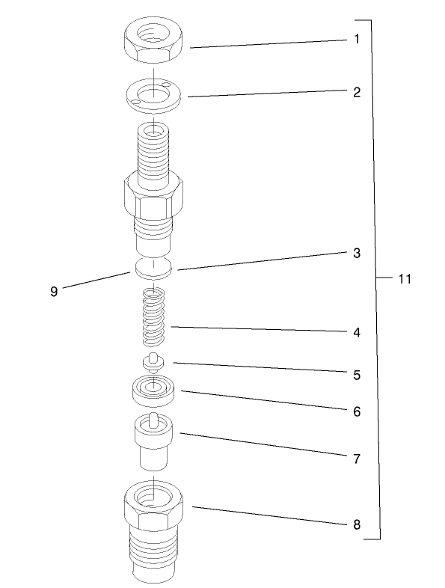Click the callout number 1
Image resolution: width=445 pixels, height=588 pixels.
(x=357, y=37)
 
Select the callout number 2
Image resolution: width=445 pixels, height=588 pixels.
(x=357, y=93)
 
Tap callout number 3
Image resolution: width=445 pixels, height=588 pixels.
(x=357, y=254)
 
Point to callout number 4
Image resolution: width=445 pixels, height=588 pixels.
(x=357, y=331)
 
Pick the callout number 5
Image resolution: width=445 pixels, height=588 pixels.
(x=357, y=374)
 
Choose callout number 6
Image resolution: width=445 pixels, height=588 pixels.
(x=357, y=411)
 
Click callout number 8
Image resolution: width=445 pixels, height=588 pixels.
(x=357, y=524)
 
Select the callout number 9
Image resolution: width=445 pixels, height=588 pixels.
(x=54, y=292)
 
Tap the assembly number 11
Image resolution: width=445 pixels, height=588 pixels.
(x=405, y=278)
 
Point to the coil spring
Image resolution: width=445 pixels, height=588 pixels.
(x=153, y=316)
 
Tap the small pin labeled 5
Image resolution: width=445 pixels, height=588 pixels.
(x=153, y=363)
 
